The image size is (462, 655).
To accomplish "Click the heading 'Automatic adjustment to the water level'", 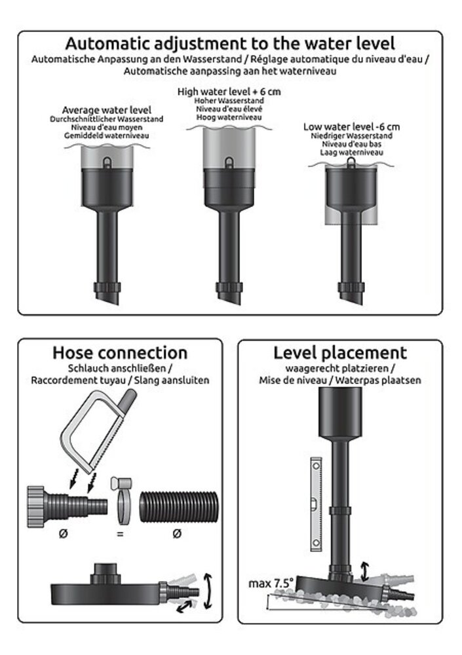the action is click(x=230, y=43).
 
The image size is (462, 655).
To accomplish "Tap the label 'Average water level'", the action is click(x=107, y=110).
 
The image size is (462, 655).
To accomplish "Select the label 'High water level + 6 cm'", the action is click(x=229, y=92).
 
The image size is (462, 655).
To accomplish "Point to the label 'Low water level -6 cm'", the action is click(x=352, y=126).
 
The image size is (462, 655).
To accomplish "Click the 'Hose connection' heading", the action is click(x=120, y=352).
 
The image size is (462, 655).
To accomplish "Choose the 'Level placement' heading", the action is click(x=340, y=353).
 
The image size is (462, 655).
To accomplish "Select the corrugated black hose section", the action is click(x=178, y=507).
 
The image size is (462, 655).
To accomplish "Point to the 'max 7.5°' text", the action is click(x=271, y=583).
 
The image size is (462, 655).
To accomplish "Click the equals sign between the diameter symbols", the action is click(x=120, y=534).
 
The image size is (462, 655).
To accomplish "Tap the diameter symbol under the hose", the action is click(x=177, y=533).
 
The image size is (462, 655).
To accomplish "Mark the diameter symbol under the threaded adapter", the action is click(x=63, y=533).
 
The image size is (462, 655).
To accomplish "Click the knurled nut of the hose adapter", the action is click(x=36, y=506).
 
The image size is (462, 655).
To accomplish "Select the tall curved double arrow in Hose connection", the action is click(x=208, y=591).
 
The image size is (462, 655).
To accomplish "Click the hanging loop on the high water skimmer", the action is click(x=229, y=162).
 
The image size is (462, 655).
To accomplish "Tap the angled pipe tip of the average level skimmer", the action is click(x=109, y=298).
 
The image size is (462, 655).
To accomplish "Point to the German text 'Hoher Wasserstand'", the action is click(x=229, y=101).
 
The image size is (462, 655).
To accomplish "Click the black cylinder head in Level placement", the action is click(x=340, y=412).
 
